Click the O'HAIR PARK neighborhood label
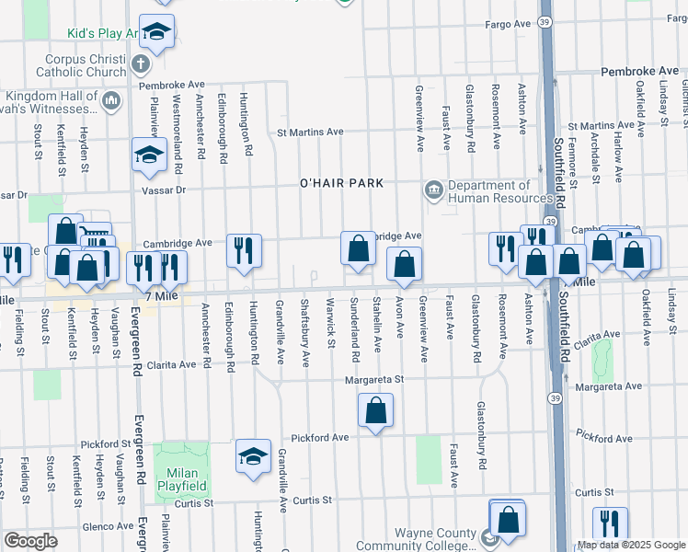tap(339, 183)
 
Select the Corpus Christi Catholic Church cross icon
tap(140, 64)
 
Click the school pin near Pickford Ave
tap(253, 456)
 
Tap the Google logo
tap(30, 541)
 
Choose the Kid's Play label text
tap(102, 34)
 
